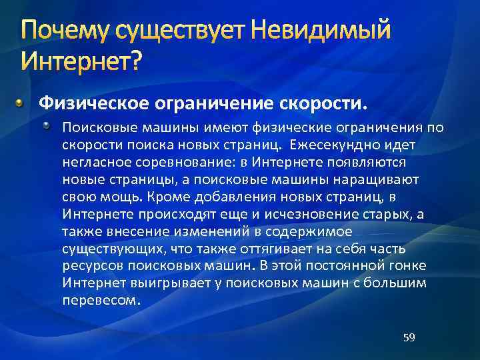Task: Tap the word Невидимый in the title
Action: [319, 31]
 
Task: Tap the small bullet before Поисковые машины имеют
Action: [49, 126]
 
